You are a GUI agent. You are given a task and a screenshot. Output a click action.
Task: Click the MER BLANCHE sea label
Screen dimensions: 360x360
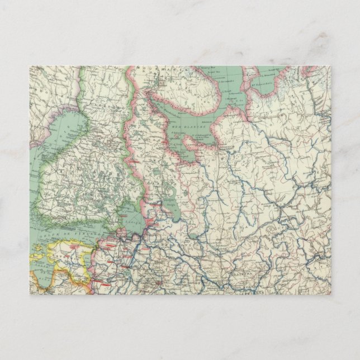[x=193, y=127]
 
